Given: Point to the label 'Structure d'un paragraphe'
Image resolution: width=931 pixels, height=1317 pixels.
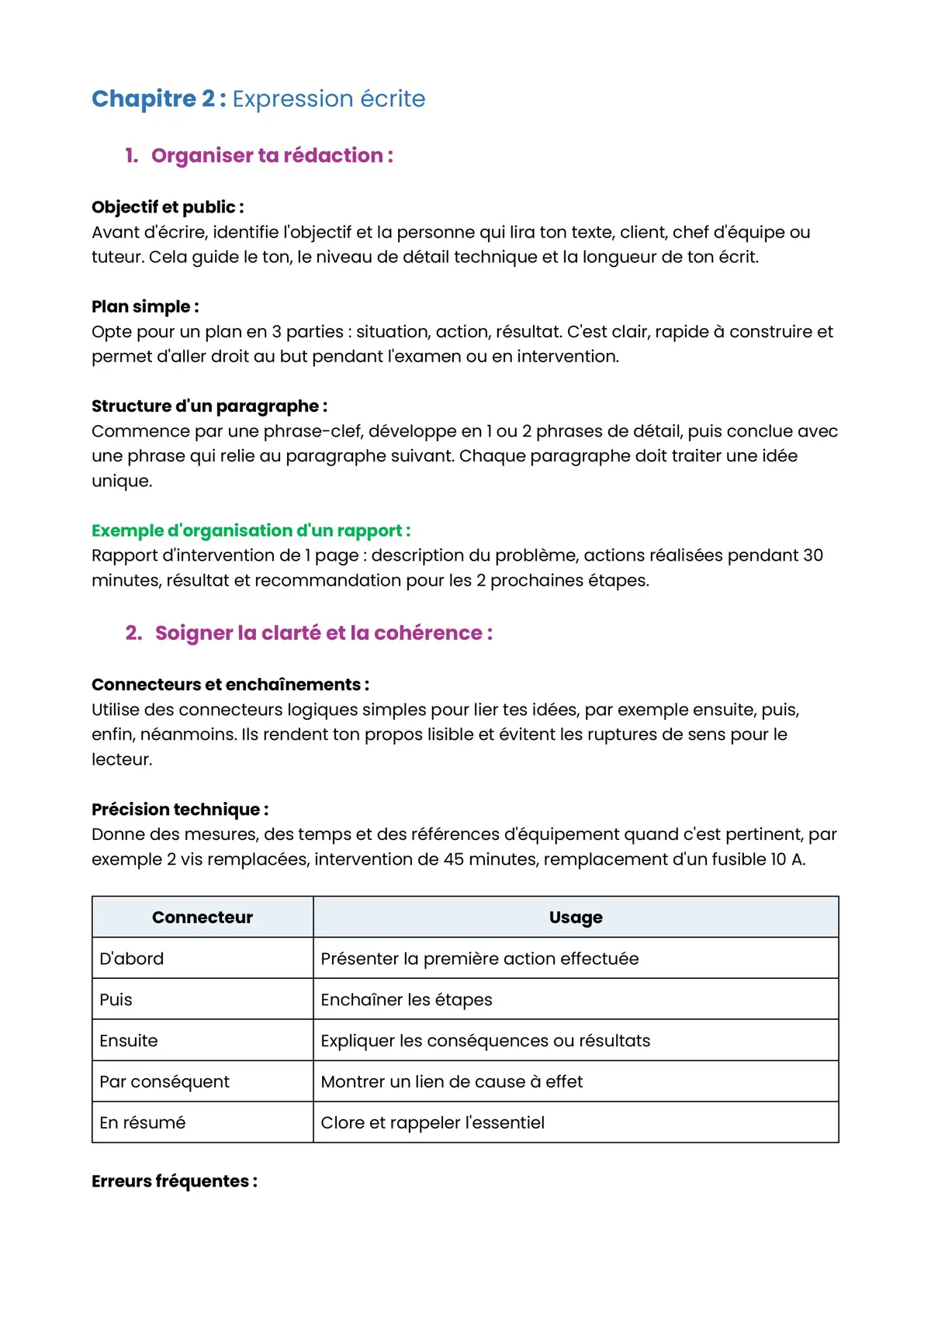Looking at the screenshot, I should (209, 406).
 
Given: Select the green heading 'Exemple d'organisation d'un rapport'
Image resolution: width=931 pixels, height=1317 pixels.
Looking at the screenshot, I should (251, 531).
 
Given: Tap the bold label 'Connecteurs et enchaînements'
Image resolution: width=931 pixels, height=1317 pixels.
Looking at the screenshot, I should (230, 684).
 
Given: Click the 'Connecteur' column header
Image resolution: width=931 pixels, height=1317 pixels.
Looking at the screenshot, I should (202, 917).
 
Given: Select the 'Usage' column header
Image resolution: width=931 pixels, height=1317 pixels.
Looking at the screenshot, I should (576, 917).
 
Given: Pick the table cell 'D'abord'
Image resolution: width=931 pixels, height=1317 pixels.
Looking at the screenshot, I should (132, 959).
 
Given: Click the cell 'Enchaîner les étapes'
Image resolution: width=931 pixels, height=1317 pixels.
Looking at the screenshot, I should (407, 1000).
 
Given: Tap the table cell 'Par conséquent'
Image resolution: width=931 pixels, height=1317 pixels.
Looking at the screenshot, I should (164, 1081).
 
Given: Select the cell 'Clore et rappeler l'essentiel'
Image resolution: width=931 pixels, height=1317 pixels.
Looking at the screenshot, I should (432, 1122).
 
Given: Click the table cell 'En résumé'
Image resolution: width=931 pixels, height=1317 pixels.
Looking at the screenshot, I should (143, 1122).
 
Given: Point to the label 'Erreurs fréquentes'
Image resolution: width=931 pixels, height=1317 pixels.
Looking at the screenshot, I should (174, 1181).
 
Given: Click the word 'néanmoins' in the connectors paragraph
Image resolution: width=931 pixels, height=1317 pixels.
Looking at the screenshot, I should (186, 735).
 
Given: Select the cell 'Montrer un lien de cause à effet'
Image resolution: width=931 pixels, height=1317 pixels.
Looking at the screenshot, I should (452, 1081).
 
